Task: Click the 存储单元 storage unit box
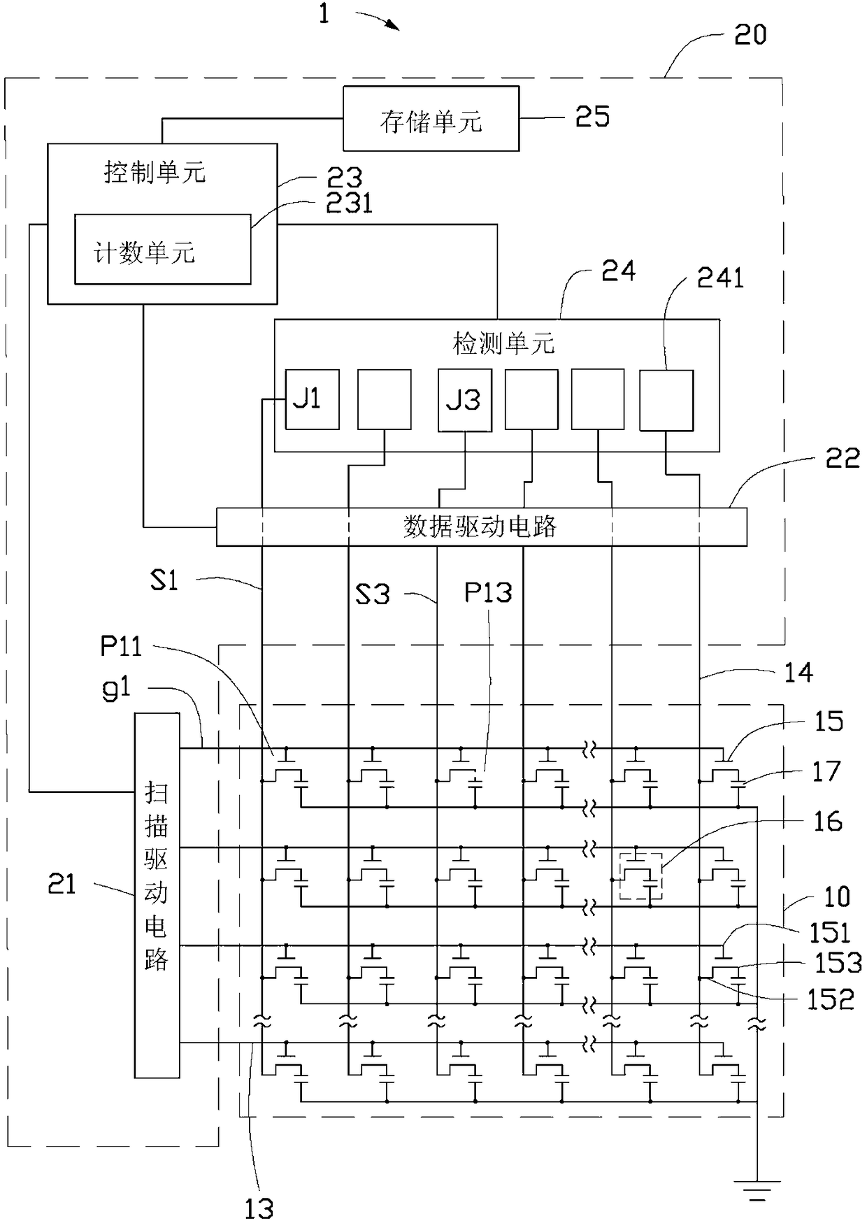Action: click(431, 118)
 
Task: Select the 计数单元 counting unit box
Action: click(163, 249)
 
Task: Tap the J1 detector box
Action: click(312, 399)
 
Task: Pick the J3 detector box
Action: click(465, 400)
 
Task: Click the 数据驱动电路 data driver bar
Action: click(481, 527)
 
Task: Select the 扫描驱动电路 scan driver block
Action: click(157, 895)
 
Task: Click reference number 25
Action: click(592, 117)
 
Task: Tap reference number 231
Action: click(350, 203)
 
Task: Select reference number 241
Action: click(720, 278)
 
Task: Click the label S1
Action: click(164, 580)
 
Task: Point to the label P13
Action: click(488, 593)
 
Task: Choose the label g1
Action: click(116, 689)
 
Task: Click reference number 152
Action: click(831, 1000)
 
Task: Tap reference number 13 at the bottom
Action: click(259, 1208)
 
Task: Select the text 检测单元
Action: click(503, 344)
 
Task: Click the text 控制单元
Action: click(155, 172)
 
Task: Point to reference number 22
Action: click(843, 458)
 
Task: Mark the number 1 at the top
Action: click(324, 13)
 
